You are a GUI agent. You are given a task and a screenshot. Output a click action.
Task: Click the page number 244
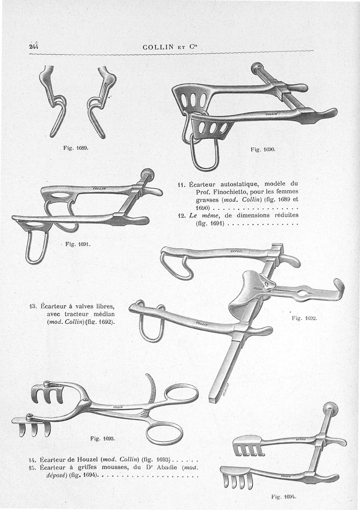(33, 46)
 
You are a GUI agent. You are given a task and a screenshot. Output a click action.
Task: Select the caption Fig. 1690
(261, 149)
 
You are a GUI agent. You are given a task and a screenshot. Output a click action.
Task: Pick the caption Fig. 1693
(102, 438)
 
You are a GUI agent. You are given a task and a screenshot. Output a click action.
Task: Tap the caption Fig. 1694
(283, 496)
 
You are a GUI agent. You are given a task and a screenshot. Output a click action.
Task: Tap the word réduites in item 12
(283, 215)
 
